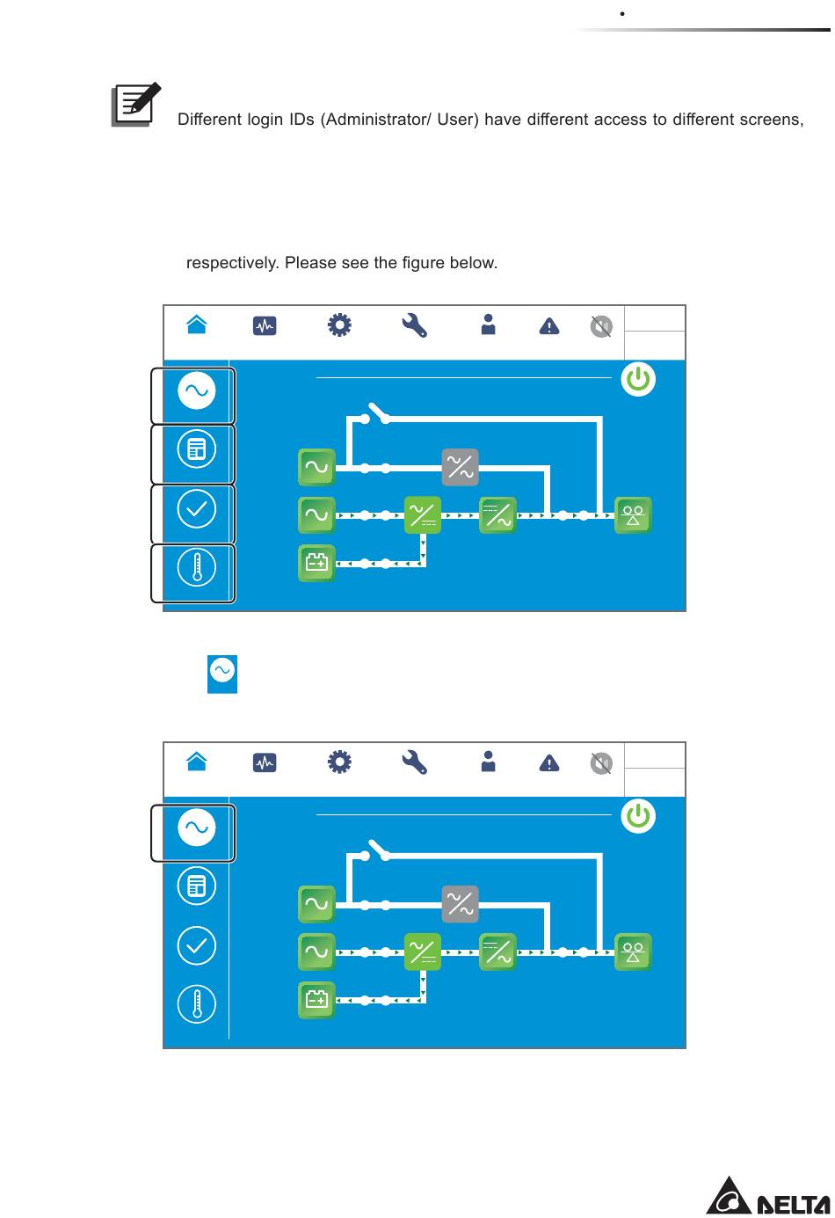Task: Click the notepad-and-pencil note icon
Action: (x=135, y=105)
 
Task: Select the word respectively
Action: (x=232, y=263)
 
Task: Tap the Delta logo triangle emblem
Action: (x=729, y=1197)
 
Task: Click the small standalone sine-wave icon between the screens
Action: (x=222, y=673)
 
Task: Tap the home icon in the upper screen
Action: (x=197, y=325)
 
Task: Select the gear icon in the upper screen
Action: (x=339, y=326)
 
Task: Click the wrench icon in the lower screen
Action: (x=414, y=762)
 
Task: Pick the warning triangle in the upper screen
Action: (x=549, y=327)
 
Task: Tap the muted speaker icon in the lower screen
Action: (x=601, y=763)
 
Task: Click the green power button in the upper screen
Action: (x=638, y=380)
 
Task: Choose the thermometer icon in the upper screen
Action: (x=197, y=569)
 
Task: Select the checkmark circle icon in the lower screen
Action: (x=197, y=946)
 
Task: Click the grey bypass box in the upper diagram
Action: (x=460, y=467)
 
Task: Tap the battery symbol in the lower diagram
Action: (x=316, y=1000)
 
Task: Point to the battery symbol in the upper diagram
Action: (x=316, y=563)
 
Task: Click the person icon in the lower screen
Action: (x=489, y=762)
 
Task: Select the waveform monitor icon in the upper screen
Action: (x=265, y=326)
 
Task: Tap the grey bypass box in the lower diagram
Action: (x=460, y=904)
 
